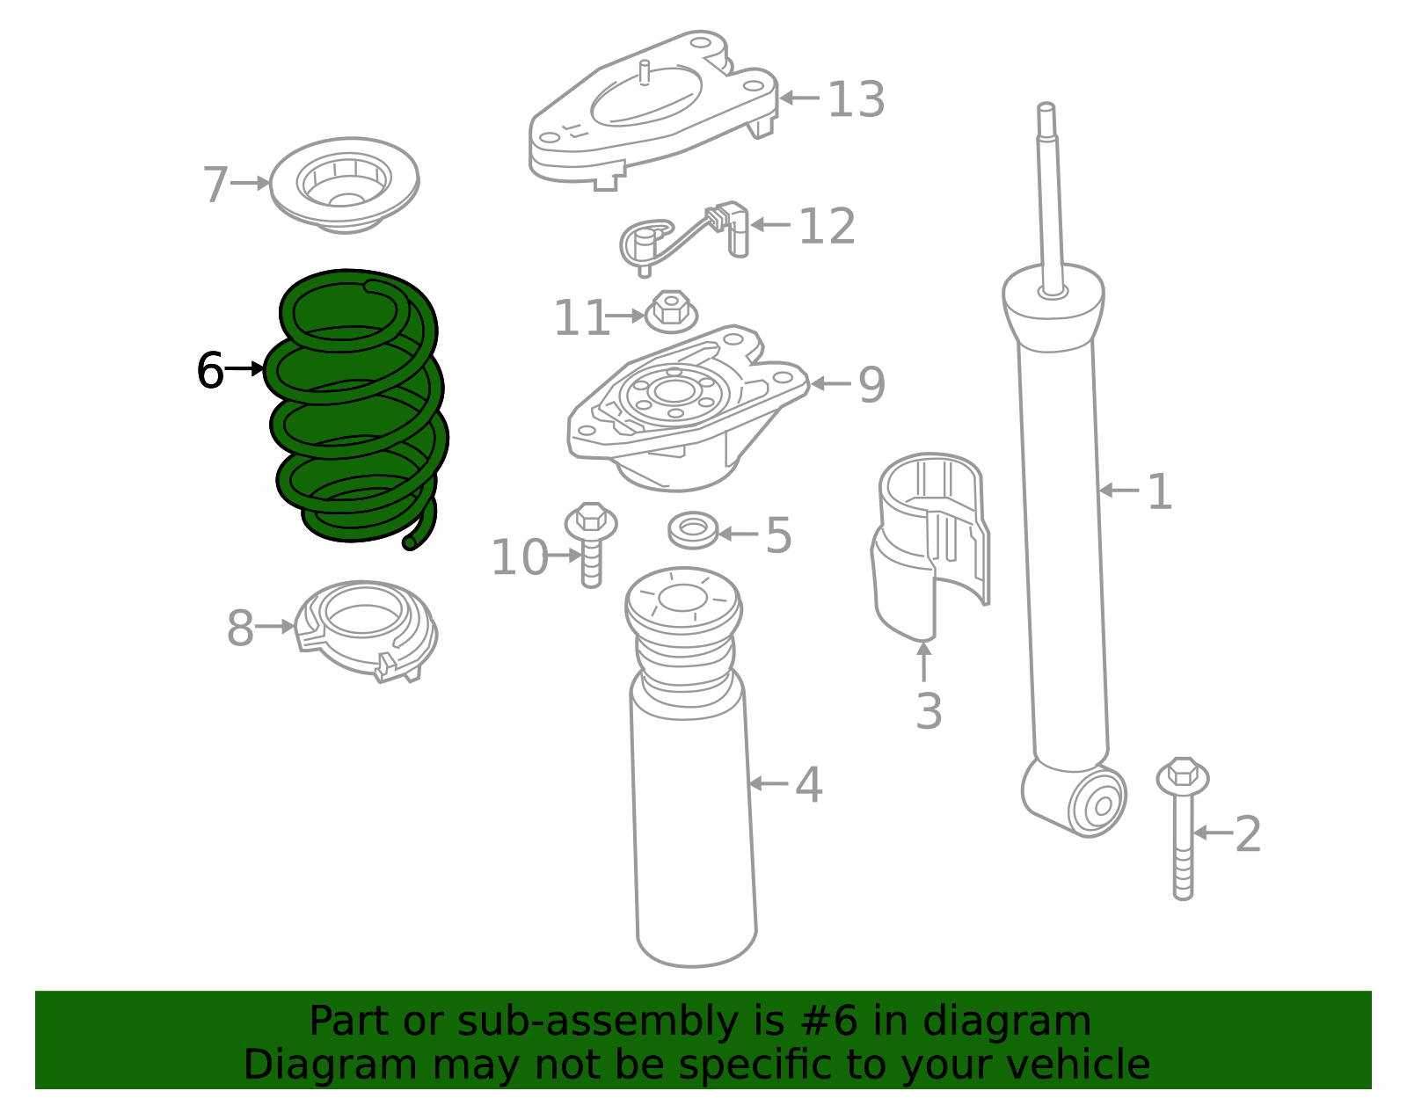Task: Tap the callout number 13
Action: [x=856, y=99]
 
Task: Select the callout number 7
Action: [x=215, y=184]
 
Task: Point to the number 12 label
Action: [x=827, y=227]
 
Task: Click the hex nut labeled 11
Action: [x=672, y=311]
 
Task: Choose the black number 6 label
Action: [x=210, y=370]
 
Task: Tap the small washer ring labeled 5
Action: [x=694, y=530]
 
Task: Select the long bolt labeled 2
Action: [x=1183, y=828]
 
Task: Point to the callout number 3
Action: [x=929, y=711]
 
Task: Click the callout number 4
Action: [x=809, y=785]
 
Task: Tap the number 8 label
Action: [x=239, y=628]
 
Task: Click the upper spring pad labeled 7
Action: [x=345, y=185]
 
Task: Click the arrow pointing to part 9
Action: [x=830, y=383]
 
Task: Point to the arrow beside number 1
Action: [x=1119, y=491]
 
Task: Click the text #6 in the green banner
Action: [x=828, y=1022]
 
